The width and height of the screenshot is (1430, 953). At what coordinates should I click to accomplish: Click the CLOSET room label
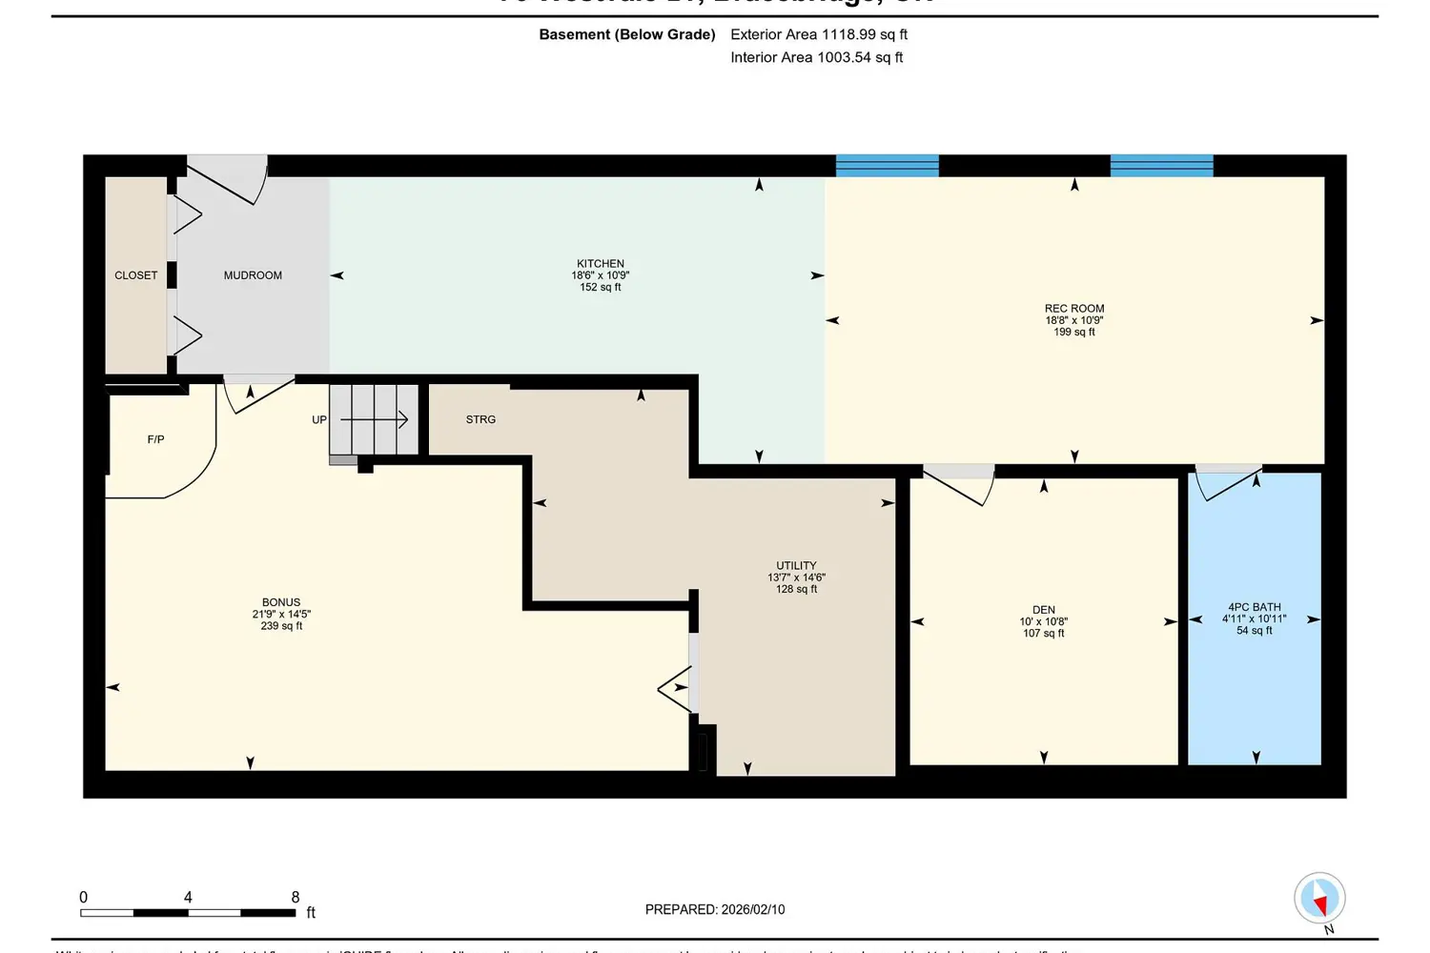click(136, 275)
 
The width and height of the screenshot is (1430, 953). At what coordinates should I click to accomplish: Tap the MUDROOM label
click(253, 275)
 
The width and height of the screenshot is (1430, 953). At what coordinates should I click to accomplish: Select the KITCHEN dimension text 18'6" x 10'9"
click(601, 275)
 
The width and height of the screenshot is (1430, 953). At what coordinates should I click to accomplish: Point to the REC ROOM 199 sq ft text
click(1074, 333)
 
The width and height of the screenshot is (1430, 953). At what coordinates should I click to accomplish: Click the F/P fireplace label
click(155, 439)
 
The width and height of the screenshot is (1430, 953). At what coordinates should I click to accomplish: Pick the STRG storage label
click(480, 419)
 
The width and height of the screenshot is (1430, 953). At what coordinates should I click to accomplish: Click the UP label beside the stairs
click(319, 419)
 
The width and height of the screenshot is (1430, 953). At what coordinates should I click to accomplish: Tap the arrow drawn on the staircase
click(375, 419)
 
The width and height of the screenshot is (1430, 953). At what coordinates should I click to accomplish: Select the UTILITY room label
click(796, 565)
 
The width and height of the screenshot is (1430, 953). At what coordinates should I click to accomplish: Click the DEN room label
click(1044, 610)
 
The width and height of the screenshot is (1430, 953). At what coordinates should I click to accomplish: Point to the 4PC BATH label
click(1255, 607)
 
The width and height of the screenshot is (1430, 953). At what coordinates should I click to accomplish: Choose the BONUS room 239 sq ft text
click(281, 626)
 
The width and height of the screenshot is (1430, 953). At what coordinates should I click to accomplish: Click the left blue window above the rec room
click(888, 166)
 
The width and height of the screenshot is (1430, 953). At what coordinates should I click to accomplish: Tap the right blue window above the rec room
click(1161, 166)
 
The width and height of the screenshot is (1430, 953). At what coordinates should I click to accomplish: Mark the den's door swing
click(961, 485)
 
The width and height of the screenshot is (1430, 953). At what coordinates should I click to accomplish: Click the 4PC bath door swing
click(1228, 482)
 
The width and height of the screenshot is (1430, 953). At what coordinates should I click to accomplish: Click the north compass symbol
click(1319, 898)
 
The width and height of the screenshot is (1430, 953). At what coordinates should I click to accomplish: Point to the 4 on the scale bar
click(188, 897)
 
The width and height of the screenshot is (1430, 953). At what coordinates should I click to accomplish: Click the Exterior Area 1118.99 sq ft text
click(819, 34)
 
